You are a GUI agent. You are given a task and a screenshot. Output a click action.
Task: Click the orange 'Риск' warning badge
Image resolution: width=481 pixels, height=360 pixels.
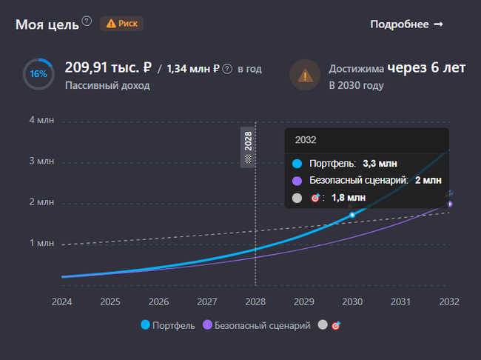coord(122,24)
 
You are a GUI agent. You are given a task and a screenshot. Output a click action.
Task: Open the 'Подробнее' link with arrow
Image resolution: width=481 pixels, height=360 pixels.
coord(406,24)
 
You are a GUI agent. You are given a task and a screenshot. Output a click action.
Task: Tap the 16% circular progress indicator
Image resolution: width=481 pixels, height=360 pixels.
coord(38,74)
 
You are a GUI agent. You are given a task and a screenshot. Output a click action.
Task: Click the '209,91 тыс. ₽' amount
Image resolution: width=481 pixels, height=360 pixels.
coord(108,68)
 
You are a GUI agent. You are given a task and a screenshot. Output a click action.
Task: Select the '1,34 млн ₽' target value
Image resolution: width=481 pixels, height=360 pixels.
coord(192,69)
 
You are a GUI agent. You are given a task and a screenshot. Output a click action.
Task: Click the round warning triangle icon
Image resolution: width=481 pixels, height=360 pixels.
coord(304,75)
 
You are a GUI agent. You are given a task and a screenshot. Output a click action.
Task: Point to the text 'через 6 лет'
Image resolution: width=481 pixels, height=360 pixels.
coord(427,68)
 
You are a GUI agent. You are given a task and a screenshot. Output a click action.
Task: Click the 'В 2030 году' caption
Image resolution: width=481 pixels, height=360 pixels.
coord(356,86)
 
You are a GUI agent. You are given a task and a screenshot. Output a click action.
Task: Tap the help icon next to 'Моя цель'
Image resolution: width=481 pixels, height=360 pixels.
coord(87,21)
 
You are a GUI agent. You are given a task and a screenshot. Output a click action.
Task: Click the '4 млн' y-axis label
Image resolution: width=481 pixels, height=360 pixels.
coord(41,120)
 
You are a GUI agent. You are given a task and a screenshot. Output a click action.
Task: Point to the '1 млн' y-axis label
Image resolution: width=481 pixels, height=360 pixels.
coord(41,243)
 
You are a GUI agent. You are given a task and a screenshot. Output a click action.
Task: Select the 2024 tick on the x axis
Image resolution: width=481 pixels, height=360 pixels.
coord(62,301)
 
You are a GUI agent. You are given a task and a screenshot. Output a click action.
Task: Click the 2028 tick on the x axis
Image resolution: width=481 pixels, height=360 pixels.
coord(255,301)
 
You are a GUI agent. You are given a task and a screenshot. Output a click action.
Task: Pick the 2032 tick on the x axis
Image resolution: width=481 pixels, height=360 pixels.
coord(449,301)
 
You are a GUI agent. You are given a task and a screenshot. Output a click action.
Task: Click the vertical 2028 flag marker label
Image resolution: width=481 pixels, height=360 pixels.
coord(248,146)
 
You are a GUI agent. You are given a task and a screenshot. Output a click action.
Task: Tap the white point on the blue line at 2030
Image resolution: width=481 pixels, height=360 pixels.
coord(352,215)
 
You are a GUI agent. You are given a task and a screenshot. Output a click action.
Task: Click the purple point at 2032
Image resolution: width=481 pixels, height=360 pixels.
coord(449,204)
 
